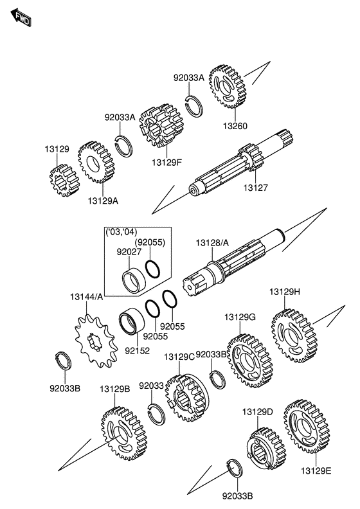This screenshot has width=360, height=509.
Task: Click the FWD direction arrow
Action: [x=21, y=18]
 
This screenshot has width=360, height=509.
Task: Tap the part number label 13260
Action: [x=235, y=126]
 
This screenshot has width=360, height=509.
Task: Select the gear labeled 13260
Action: [x=227, y=87]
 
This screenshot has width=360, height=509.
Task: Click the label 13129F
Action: [x=167, y=162]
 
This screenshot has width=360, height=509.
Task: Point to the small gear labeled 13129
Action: [x=64, y=181]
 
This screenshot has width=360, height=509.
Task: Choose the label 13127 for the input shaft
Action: [x=256, y=188]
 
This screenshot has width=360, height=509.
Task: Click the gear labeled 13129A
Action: [x=96, y=162]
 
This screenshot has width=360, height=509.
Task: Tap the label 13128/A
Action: [x=212, y=243]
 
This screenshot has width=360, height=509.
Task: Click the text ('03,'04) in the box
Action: [x=122, y=232]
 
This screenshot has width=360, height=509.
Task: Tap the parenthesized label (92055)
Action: [x=150, y=242]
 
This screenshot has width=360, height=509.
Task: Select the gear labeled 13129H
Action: [x=294, y=336]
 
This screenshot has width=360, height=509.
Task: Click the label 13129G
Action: [x=240, y=317]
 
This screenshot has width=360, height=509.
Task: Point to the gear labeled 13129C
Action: [x=187, y=398]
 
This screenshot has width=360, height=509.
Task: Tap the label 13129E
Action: [x=316, y=470]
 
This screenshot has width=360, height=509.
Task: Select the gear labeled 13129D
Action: [x=266, y=449]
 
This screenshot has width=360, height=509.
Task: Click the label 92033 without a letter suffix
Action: [x=151, y=386]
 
